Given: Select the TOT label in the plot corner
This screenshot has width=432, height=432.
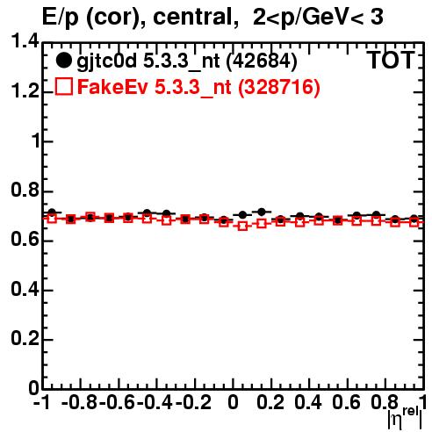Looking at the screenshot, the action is click(391, 61).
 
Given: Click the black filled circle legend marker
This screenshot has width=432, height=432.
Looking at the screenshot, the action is click(63, 61).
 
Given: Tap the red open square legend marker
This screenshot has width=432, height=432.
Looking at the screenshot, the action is click(63, 86).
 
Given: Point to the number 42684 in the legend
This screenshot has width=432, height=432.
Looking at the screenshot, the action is click(262, 61).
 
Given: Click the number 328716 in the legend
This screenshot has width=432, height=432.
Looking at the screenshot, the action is click(279, 87).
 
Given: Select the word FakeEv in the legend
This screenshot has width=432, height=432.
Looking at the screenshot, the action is click(112, 87).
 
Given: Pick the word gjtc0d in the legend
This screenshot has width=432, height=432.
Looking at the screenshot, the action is click(106, 62).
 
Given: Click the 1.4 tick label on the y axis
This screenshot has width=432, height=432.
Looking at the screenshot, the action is click(25, 41).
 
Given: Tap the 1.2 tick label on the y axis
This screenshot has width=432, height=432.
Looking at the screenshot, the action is click(25, 91).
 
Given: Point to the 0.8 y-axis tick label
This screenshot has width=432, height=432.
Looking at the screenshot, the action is click(25, 191).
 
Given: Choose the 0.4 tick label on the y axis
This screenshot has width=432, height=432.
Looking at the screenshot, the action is click(25, 290).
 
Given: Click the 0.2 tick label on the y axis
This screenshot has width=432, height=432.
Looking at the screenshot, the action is click(25, 339).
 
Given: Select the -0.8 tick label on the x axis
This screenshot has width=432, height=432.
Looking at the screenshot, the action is click(79, 402).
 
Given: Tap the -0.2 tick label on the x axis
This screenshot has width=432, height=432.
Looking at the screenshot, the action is click(194, 402).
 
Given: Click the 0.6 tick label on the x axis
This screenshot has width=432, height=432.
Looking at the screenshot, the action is click(346, 402).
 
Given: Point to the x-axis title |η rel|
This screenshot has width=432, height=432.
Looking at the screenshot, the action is click(405, 419).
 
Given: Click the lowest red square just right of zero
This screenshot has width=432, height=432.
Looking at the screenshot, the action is click(242, 226).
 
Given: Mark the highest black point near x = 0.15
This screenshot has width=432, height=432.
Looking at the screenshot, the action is click(262, 212).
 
